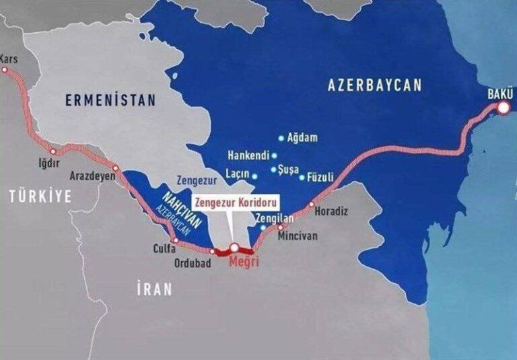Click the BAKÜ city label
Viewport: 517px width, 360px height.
[x=499, y=93]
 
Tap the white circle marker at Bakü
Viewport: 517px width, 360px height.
[x=503, y=106]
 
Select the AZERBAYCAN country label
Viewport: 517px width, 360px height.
[x=375, y=85]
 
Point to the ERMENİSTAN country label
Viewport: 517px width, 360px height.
[x=110, y=100]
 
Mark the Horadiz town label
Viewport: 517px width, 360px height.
[x=332, y=211]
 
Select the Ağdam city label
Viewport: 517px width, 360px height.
[x=302, y=137]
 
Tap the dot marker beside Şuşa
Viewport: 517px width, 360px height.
[x=273, y=170]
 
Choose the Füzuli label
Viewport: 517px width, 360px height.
[x=320, y=178]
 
